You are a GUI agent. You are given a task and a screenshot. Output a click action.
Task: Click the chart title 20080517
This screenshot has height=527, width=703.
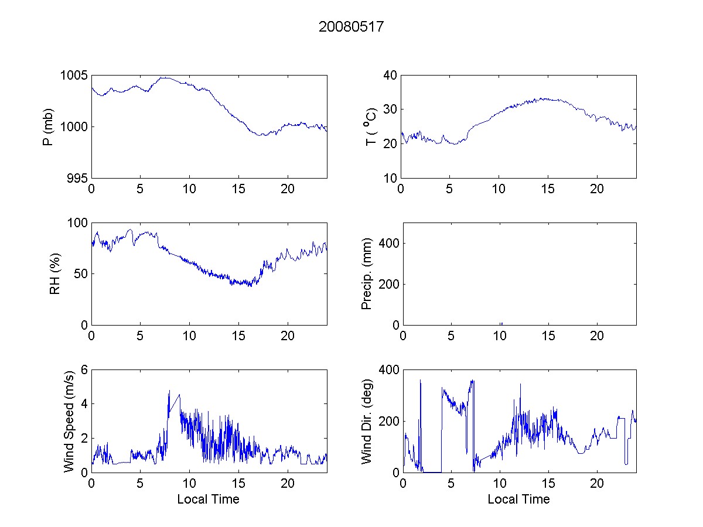[351, 27]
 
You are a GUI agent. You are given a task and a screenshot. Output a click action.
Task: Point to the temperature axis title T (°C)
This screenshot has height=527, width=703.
[370, 127]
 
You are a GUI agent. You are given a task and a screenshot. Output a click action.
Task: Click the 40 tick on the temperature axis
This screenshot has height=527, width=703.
[390, 76]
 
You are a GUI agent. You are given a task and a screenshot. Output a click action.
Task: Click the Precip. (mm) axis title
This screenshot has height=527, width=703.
[367, 274]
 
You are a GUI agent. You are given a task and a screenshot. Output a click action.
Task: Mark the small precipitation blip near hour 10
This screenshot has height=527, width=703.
[501, 323]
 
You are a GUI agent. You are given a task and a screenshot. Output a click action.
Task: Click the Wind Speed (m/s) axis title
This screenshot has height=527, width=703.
[69, 421]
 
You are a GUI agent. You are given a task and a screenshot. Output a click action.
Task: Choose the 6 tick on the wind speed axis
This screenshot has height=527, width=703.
[84, 369]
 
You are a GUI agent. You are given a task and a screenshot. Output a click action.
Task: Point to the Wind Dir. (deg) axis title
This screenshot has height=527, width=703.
[367, 421]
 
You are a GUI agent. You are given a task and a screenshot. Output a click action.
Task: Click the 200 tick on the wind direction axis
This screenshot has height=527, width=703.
[388, 421]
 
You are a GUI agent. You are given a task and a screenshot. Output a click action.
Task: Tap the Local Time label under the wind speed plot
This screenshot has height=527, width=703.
[208, 499]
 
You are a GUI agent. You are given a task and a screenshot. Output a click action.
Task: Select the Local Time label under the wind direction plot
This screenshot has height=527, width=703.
[518, 499]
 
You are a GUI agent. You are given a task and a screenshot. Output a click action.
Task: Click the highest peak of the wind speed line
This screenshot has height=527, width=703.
[169, 391]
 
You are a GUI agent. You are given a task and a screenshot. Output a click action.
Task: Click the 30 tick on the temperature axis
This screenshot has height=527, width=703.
[390, 109]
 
